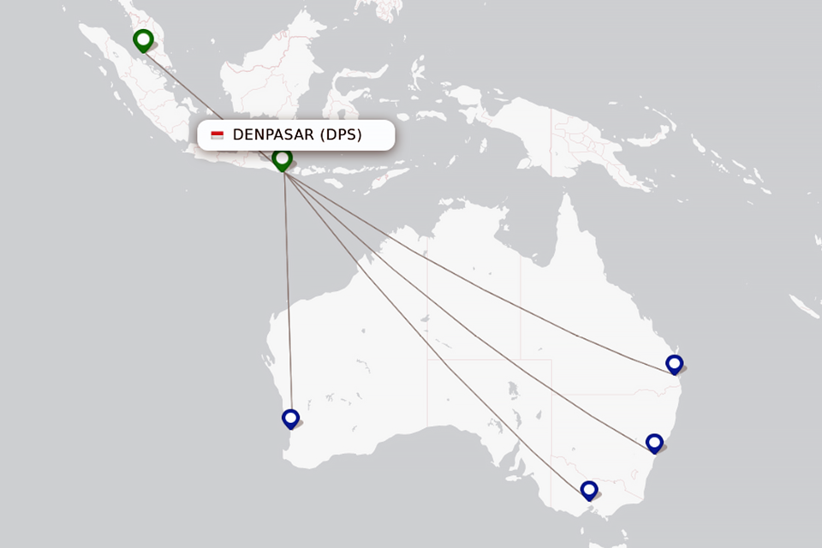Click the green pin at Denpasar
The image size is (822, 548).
[282, 159]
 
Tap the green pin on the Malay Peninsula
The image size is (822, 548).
[143, 39]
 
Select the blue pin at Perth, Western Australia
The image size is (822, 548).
[290, 418]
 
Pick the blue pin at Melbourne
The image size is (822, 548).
[588, 490]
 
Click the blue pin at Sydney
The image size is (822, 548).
[654, 443]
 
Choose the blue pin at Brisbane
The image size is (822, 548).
[675, 364]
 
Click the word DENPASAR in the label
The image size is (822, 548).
[273, 135]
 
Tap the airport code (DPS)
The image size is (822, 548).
[342, 135]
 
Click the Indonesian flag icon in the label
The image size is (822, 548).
[217, 135]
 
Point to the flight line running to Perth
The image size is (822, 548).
[288, 291]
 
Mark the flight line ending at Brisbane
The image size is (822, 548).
[479, 274]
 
